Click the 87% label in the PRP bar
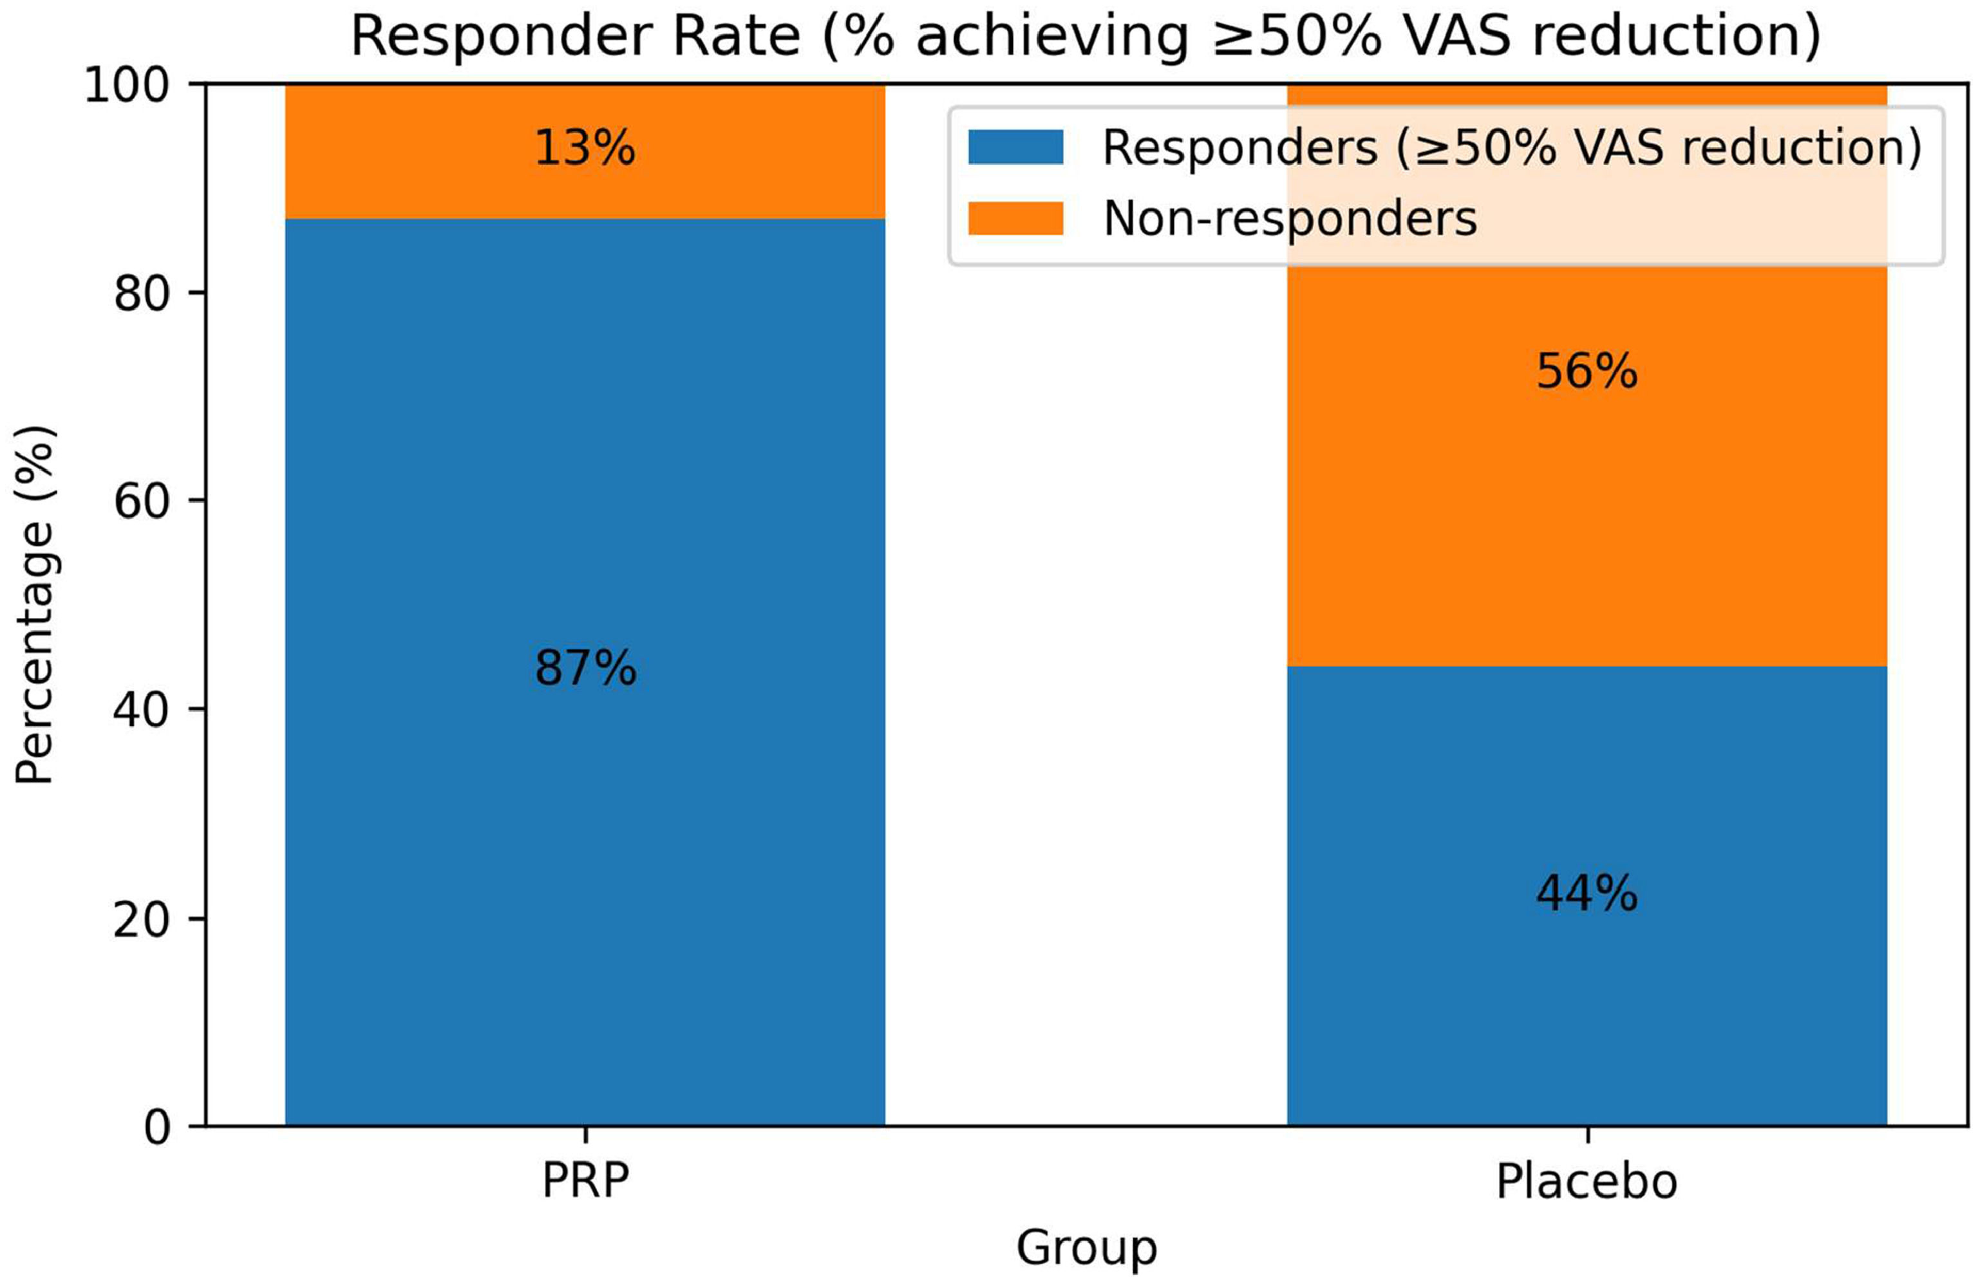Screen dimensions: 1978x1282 585,668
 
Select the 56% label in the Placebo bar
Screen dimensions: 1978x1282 1587,371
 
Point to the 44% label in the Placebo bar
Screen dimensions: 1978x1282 1587,895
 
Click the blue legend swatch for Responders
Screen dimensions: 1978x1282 1015,147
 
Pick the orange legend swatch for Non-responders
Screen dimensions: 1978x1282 1015,219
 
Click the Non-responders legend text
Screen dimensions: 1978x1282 1290,219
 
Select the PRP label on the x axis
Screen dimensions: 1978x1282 585,1180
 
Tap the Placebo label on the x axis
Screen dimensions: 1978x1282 1587,1180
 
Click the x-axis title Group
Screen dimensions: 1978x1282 1086,1249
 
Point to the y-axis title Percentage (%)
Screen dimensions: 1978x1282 35,605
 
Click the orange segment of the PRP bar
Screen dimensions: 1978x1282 585,151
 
